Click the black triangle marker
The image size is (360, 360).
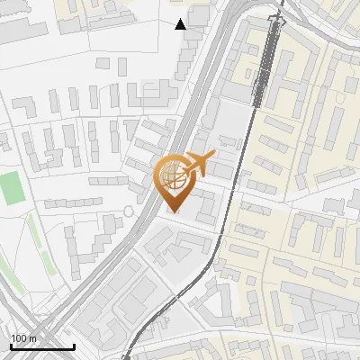click(x=181, y=24)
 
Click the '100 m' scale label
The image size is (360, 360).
click(x=24, y=338)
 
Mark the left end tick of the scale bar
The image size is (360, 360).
click(x=11, y=346)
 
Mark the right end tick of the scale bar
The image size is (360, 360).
click(x=74, y=346)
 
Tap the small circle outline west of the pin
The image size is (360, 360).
click(x=129, y=211)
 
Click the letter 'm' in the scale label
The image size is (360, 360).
click(x=32, y=338)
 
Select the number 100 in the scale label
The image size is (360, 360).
click(x=20, y=338)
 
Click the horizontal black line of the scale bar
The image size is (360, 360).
click(x=42, y=347)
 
